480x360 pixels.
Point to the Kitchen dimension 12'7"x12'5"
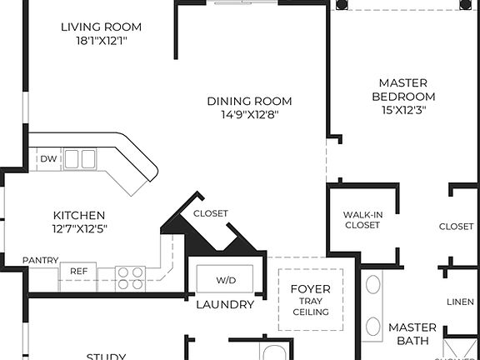coord(79,228)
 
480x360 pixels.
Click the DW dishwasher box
coord(47,158)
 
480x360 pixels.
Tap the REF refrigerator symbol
coord(78,271)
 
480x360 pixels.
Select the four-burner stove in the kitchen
coord(129,277)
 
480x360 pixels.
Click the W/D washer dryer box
coord(225,279)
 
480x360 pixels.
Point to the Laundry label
coord(225,304)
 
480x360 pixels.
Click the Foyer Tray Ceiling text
coord(310,300)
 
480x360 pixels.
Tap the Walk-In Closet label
coord(362,220)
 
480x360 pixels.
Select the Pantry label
coord(40,260)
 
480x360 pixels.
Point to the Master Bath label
coord(412,333)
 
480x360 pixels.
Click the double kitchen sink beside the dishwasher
coord(80,158)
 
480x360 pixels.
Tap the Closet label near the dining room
coord(210,213)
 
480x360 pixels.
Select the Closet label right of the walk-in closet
coord(457,226)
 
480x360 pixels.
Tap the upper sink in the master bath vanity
coord(373,285)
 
